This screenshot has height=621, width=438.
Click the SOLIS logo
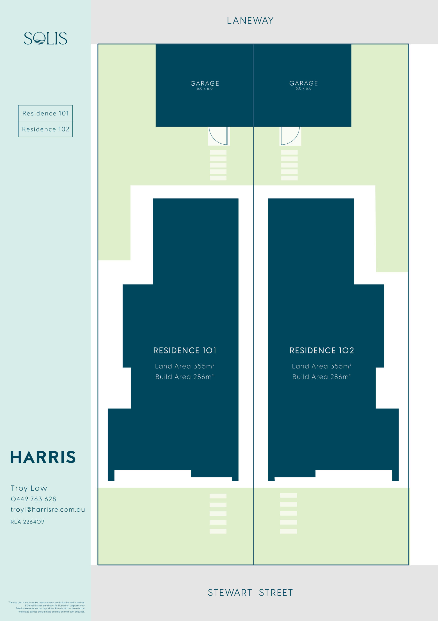click(45, 38)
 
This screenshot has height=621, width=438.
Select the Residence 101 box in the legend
click(45, 113)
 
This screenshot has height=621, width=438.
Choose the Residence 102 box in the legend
click(45, 129)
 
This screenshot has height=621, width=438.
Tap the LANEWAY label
click(250, 21)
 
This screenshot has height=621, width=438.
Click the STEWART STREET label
click(250, 593)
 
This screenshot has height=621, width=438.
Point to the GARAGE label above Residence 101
click(205, 83)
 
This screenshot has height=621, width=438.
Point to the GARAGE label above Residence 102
click(304, 83)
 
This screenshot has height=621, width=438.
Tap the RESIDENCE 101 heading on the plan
click(185, 351)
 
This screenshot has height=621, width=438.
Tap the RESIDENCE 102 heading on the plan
click(322, 351)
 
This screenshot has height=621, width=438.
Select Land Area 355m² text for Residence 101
click(185, 366)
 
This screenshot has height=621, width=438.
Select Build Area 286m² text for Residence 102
click(322, 377)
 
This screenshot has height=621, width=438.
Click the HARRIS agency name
click(43, 457)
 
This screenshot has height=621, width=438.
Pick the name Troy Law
click(29, 488)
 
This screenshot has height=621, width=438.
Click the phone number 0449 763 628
click(33, 499)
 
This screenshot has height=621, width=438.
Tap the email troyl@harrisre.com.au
click(48, 510)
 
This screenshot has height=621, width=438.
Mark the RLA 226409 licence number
click(27, 522)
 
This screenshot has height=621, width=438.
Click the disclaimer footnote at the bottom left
click(47, 607)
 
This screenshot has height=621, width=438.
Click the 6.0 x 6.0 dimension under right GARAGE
click(304, 89)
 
